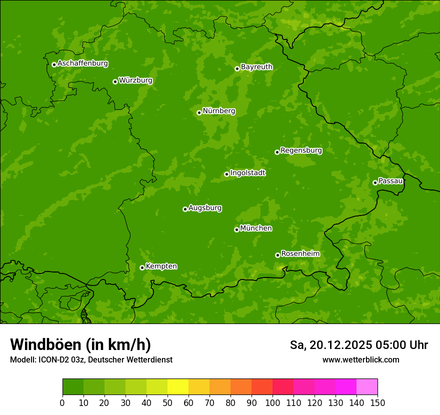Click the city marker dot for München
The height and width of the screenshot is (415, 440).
236,229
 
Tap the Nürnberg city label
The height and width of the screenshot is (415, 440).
218,111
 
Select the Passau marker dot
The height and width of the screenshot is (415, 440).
375,182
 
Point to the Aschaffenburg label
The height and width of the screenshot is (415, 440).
82,63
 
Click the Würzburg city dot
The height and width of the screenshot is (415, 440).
115,81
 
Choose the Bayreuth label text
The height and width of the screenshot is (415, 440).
256,67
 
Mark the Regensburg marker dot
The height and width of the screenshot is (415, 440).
277,152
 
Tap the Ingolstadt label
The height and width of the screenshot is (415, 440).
247,173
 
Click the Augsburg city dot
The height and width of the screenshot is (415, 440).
185,209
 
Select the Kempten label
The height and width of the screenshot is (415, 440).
161,266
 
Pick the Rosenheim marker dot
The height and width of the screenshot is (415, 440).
277,255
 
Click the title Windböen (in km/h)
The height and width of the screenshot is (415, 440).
80,344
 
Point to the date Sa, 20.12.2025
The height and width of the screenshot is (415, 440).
330,345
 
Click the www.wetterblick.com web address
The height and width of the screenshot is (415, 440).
360,359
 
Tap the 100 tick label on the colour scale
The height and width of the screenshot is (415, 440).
272,402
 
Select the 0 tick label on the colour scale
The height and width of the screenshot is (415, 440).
62,402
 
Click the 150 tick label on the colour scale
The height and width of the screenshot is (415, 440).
377,402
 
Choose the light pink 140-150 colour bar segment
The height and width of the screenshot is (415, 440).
367,387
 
